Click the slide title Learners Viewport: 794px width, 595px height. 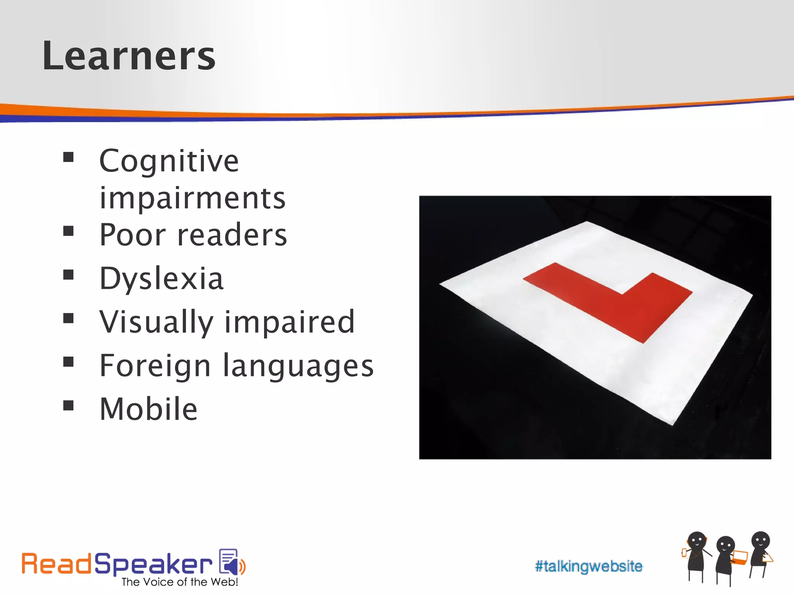point(128,56)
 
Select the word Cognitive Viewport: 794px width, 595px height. point(169,161)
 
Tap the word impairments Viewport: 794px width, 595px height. point(192,198)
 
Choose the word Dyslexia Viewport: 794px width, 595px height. point(162,279)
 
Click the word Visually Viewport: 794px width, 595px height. point(156,322)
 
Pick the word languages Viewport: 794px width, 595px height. point(298,366)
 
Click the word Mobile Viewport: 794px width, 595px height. point(148,409)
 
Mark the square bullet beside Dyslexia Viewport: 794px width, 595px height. point(69,275)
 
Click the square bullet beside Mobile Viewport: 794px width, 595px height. point(69,406)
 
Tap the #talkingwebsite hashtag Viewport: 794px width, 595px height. point(588,566)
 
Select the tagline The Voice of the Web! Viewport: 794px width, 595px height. point(180,582)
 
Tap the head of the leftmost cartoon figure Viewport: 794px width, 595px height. point(697,540)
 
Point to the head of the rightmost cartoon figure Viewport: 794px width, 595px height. point(760,540)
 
